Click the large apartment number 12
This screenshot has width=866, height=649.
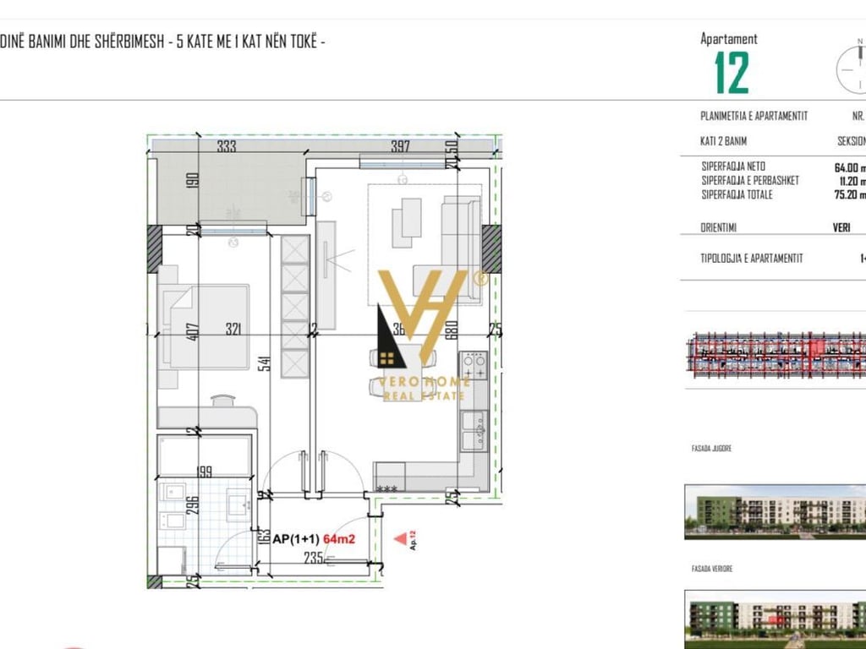(x=732, y=73)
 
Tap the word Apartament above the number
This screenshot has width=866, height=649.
(x=728, y=39)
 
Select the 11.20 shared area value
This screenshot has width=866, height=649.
(x=849, y=181)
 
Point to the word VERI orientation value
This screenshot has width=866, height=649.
(x=841, y=227)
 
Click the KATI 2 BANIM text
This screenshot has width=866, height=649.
(x=724, y=141)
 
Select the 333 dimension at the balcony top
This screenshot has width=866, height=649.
(x=227, y=146)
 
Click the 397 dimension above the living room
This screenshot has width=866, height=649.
(x=400, y=146)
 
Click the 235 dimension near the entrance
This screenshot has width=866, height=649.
(x=313, y=557)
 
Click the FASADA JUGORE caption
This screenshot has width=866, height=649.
(x=711, y=449)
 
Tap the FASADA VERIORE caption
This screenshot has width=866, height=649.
(x=711, y=569)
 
